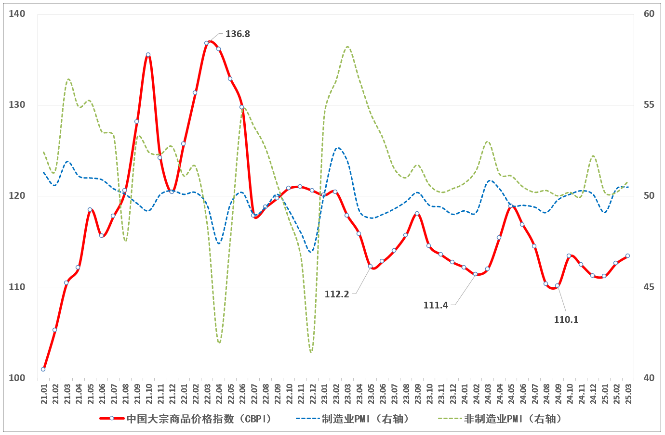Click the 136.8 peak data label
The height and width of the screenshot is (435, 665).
(238, 34)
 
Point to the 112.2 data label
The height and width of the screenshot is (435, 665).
(336, 294)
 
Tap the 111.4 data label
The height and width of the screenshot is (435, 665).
(436, 305)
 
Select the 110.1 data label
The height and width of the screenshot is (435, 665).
(566, 320)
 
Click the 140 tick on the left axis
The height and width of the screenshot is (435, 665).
(17, 14)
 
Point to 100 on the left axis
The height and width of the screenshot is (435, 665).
(17, 378)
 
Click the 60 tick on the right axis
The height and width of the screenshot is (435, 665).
(649, 14)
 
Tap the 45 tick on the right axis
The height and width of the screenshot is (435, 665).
(649, 287)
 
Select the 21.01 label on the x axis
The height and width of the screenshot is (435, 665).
(44, 394)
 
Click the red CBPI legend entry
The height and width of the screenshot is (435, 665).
(186, 419)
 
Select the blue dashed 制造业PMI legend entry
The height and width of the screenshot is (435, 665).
(353, 419)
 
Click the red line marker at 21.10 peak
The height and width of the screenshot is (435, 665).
(148, 55)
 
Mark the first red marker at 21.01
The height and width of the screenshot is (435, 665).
(43, 369)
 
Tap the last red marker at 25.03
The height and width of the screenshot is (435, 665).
(627, 256)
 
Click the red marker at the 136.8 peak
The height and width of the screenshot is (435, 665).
(207, 43)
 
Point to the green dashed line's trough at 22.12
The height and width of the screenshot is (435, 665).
(311, 352)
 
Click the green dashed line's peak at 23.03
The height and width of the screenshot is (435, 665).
(347, 47)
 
